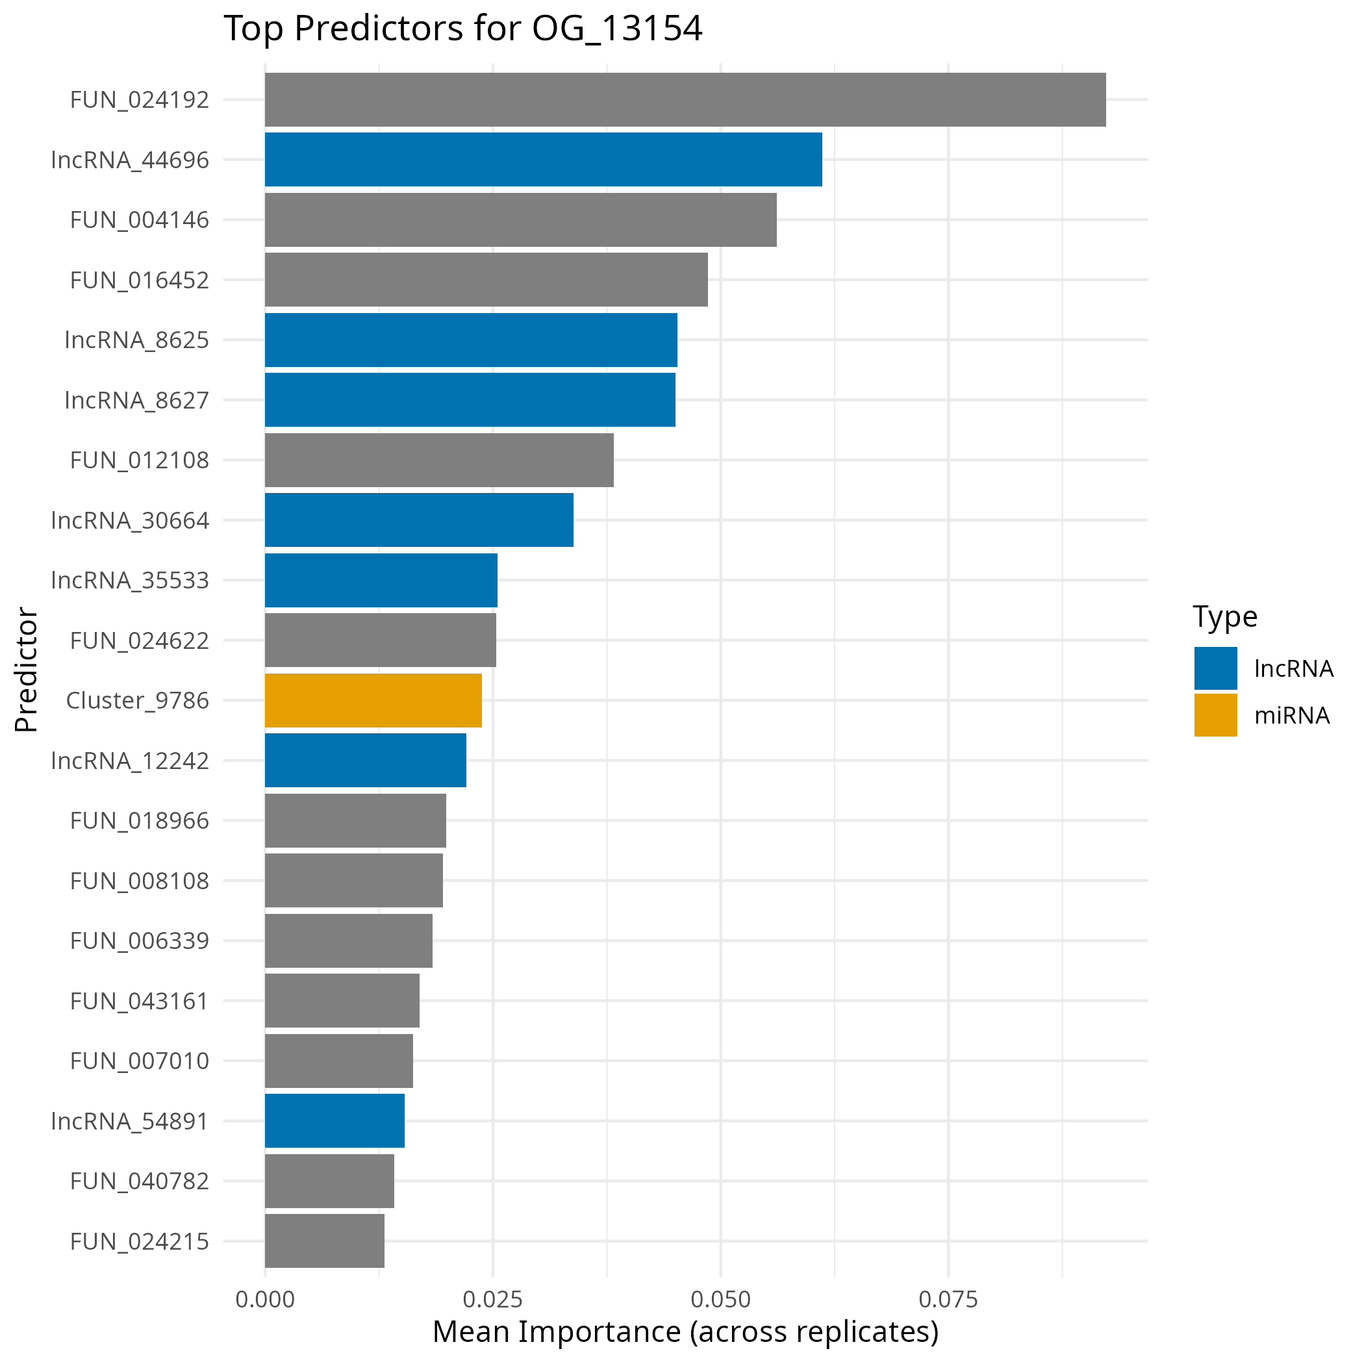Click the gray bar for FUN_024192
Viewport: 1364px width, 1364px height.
click(685, 99)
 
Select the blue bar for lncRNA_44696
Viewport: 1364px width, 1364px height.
click(543, 160)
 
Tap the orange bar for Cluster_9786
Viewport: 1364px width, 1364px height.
click(373, 700)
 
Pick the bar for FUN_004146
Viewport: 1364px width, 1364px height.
click(520, 220)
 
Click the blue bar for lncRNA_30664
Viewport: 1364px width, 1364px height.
click(419, 520)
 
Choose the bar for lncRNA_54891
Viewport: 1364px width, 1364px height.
click(334, 1120)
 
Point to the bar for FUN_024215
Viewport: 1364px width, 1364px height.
click(324, 1241)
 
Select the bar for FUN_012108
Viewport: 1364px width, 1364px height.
click(438, 460)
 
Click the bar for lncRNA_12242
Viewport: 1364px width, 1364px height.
click(365, 761)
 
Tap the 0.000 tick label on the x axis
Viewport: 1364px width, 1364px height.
click(265, 1299)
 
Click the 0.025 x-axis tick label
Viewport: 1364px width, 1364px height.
click(493, 1299)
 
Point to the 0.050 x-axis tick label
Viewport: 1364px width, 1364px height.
click(720, 1299)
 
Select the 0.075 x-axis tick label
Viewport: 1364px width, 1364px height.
click(948, 1299)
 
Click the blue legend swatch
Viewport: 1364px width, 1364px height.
click(1216, 668)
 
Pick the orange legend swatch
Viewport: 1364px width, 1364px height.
click(1216, 714)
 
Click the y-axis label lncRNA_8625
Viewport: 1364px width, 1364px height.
click(137, 340)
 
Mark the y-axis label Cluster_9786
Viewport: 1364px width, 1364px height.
click(138, 700)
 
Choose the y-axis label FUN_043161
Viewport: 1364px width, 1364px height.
click(139, 1001)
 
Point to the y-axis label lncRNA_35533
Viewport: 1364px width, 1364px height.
click(130, 580)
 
